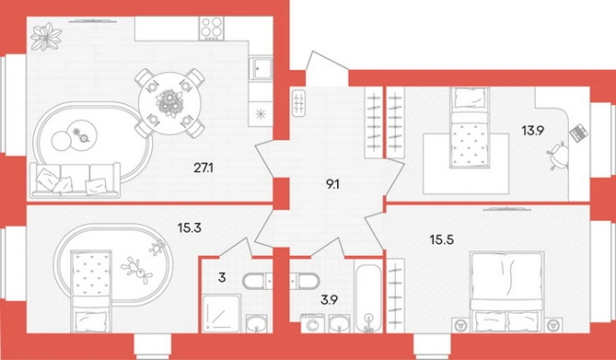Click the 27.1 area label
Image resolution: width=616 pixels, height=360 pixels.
203,168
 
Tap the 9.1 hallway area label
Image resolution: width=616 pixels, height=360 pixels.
333,184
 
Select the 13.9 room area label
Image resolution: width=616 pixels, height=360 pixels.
533,130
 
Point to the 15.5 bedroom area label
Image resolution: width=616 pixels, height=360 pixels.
441,239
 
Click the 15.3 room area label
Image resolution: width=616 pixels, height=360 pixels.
189,227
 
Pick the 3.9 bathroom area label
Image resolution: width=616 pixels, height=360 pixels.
329,300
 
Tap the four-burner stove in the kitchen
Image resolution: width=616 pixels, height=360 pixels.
211,28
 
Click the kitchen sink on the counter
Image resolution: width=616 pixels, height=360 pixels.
260,69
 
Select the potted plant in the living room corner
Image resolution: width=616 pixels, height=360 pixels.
46,37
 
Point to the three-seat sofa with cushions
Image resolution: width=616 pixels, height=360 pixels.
75,180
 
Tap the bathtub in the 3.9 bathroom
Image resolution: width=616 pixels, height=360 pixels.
368,298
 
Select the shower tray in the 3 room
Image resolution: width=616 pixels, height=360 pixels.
221,314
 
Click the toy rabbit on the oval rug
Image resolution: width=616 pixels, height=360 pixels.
137,269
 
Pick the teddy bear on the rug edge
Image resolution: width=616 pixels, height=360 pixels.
158,249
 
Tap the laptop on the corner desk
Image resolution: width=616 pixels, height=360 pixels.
578,133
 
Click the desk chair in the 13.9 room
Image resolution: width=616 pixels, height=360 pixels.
557,155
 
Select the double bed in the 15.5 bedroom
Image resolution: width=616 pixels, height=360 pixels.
507,292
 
